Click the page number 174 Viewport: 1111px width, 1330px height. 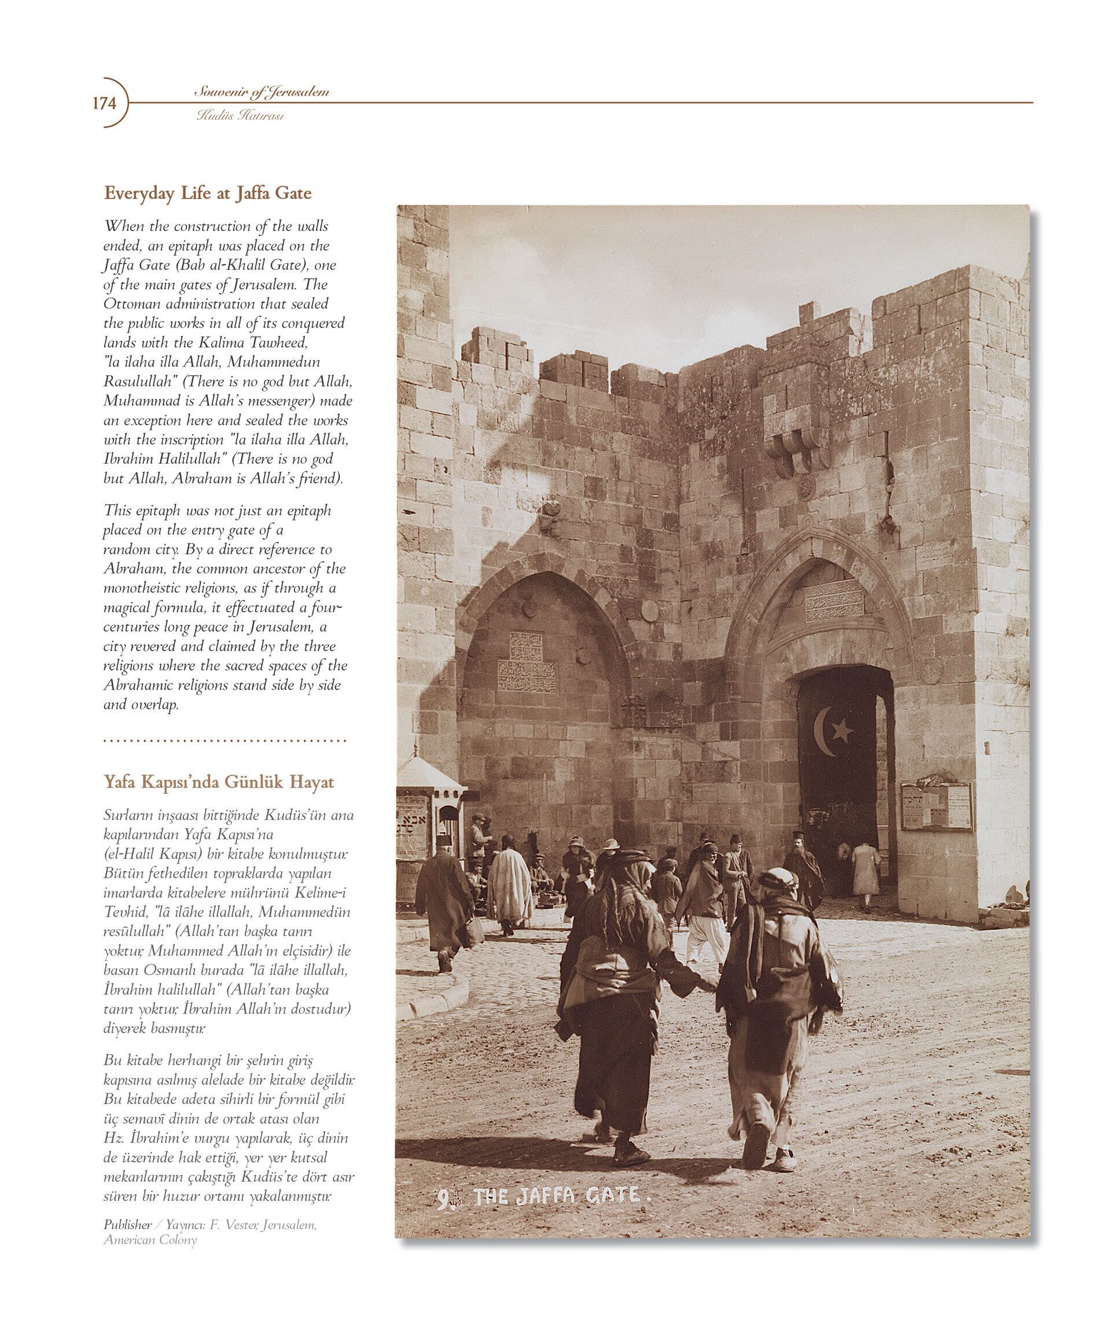[105, 102]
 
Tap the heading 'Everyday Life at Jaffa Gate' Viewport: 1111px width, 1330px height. [208, 193]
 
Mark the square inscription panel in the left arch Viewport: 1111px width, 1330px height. [527, 646]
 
